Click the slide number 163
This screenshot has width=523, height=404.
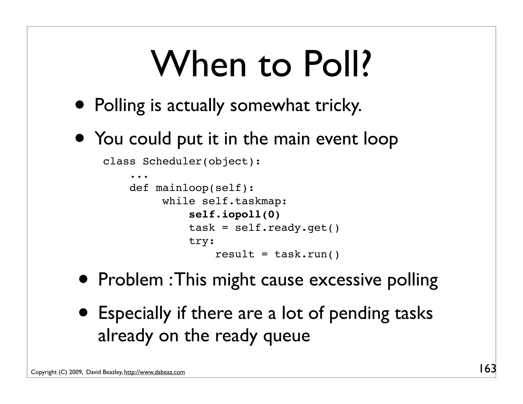point(487,369)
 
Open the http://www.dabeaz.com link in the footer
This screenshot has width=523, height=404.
point(154,372)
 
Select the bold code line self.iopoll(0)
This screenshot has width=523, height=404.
point(234,215)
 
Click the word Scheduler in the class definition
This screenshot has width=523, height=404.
point(172,161)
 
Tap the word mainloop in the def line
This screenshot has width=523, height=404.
point(182,188)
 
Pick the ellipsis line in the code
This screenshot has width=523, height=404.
point(139,176)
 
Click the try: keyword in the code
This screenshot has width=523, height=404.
point(201,241)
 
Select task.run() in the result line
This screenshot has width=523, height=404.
point(307,254)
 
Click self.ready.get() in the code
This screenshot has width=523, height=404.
point(287,228)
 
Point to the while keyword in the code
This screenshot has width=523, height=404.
point(179,201)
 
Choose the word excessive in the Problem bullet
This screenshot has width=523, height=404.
point(345,280)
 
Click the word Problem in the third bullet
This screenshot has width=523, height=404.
point(130,280)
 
